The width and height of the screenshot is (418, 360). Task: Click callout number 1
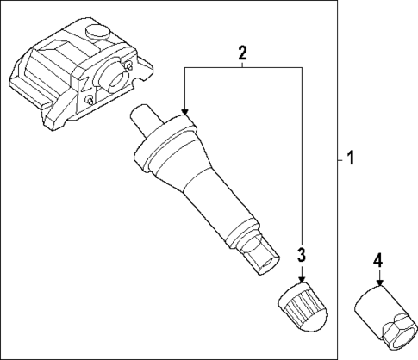[350, 158]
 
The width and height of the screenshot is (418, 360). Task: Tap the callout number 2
[243, 52]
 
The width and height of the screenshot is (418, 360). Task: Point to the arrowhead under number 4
[378, 282]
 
